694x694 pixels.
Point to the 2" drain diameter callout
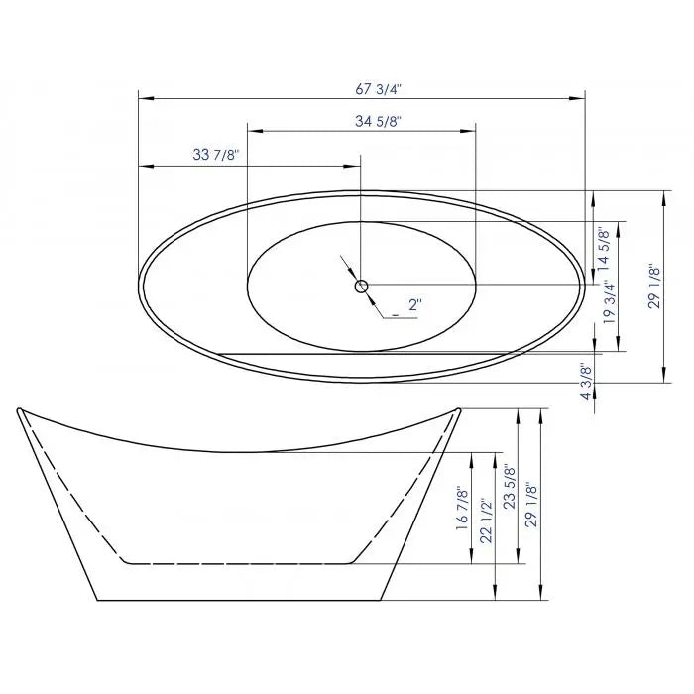tap(413, 306)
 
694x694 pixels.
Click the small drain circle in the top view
tap(361, 287)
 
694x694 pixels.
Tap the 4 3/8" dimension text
tap(586, 381)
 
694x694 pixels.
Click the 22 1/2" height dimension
tap(485, 521)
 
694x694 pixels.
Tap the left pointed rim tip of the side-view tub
tap(20, 408)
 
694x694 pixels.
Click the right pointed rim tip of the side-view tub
tap(459, 407)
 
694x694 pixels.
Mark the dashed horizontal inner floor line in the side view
tap(238, 563)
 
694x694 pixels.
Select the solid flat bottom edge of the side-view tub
tap(238, 601)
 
